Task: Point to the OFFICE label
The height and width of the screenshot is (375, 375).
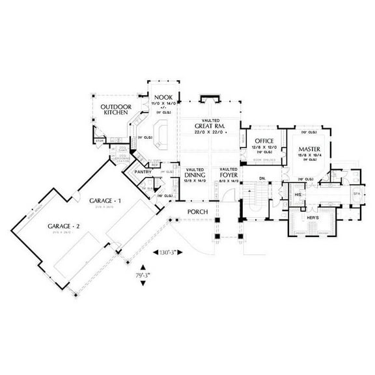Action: (x=263, y=141)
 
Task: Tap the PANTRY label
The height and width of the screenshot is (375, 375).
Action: (x=143, y=171)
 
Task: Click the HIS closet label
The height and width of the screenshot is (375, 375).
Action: (x=298, y=195)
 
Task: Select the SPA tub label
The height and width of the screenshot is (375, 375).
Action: (x=355, y=194)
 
